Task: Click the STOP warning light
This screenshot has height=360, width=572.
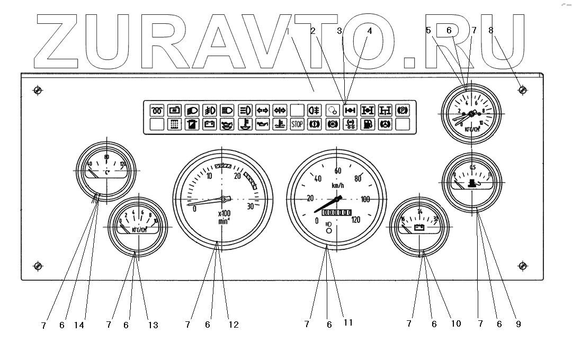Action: pos(298,125)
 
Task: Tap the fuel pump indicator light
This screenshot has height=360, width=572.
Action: pos(368,125)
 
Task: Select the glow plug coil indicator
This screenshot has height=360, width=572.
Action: pos(157,111)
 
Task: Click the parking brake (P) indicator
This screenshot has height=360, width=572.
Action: pos(403,111)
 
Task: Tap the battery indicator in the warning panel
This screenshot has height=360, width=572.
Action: pos(210,125)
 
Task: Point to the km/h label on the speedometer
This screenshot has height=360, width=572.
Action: pos(338,186)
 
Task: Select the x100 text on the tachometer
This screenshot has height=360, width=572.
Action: pos(223,213)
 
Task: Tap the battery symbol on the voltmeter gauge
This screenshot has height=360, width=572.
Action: pos(420,228)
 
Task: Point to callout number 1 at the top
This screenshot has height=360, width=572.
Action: pos(287,31)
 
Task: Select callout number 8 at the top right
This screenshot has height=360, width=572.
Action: pos(491,31)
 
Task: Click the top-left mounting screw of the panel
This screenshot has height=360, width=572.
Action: pos(38,91)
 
